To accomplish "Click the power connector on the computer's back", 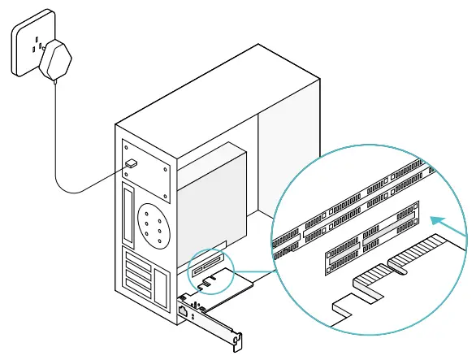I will [x=132, y=164].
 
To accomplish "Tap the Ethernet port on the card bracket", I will [x=185, y=310].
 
